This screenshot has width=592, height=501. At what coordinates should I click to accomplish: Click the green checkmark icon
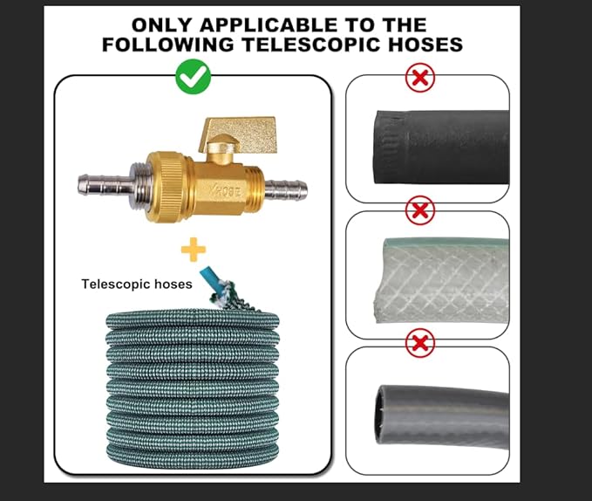pos(194,76)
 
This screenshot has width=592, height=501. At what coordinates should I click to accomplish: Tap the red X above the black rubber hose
pos(420,78)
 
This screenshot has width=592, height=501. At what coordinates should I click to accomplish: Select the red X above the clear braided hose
pos(420,210)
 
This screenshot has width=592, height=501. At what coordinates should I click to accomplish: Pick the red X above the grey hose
pos(420,343)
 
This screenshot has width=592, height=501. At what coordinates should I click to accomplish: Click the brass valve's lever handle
pos(239,132)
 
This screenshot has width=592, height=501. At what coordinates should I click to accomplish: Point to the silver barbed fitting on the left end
pos(105,184)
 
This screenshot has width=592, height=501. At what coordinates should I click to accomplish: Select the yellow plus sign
pos(194,250)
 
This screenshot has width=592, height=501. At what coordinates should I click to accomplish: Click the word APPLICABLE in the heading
pos(269,25)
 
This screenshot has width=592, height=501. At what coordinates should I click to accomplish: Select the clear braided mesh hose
pos(440,280)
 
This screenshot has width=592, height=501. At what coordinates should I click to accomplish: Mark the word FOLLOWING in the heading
pos(168,45)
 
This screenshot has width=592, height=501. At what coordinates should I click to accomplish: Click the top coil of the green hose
pos(193,319)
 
